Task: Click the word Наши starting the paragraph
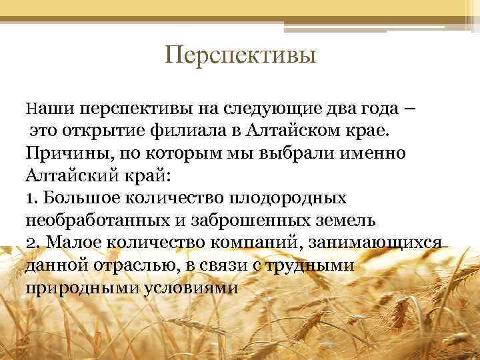(45, 108)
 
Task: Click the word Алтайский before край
(67, 176)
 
